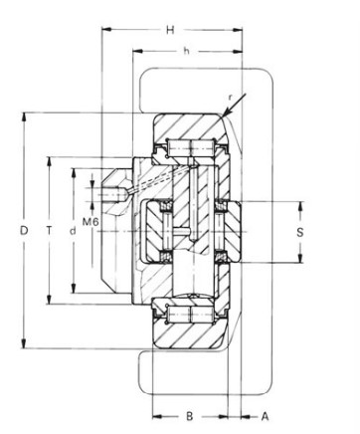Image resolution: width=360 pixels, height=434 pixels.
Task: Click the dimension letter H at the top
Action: (170, 30)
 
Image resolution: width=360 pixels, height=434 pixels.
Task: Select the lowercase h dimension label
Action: (186, 50)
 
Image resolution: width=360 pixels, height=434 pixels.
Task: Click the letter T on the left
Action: (49, 231)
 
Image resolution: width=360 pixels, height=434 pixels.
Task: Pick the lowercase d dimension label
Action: (73, 231)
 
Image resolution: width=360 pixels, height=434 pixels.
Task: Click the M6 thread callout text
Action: (89, 221)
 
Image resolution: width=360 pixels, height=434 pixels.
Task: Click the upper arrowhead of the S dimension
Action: (298, 205)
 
